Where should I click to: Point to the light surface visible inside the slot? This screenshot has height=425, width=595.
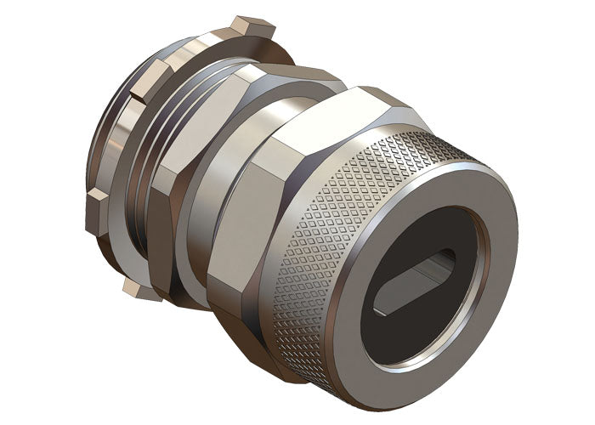pos(425,280)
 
